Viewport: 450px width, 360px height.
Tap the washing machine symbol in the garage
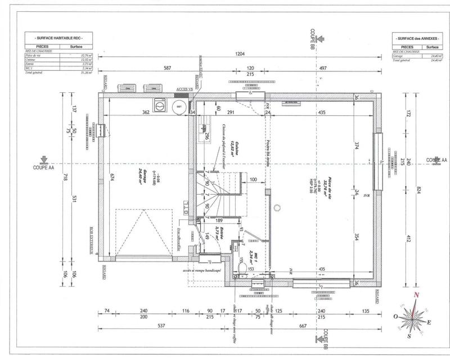(159, 105)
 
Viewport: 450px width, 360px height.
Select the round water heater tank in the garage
(179, 106)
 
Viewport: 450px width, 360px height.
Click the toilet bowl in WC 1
(242, 269)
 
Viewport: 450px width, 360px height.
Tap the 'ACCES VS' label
(184, 89)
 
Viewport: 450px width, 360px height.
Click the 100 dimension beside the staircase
(253, 179)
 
